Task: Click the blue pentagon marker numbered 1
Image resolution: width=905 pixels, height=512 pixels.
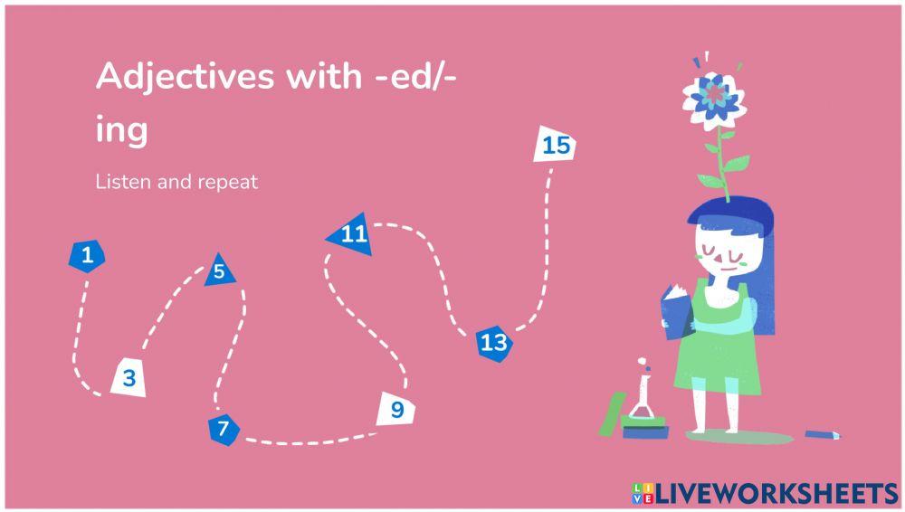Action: click(87, 256)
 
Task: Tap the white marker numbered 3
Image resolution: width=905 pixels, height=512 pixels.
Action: click(129, 376)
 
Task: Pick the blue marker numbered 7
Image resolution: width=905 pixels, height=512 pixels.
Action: click(224, 428)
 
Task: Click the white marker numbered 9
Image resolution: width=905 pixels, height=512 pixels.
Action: click(396, 410)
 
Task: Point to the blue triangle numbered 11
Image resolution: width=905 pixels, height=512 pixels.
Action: click(351, 235)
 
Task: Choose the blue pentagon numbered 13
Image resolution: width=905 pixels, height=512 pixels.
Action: click(493, 342)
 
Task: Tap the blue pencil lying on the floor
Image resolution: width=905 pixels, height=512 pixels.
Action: click(823, 434)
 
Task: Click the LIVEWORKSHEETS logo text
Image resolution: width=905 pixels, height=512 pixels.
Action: click(775, 492)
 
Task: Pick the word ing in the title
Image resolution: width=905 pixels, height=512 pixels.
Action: click(121, 129)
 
